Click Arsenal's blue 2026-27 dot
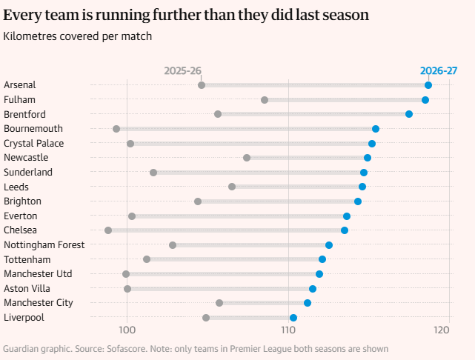coord(428,85)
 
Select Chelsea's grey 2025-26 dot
coord(108,230)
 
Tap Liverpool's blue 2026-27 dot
coord(293,318)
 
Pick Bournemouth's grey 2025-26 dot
coord(116,129)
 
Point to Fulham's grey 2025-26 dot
coord(265,100)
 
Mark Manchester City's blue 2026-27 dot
coord(308,303)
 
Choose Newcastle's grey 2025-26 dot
coord(247,158)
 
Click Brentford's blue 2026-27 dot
coord(409,114)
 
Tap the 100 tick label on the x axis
coord(127,330)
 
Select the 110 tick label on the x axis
coord(288,330)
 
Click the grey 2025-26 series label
coord(183,71)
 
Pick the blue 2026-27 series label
coord(439,71)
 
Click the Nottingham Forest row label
coord(44,244)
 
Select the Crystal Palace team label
coord(33,143)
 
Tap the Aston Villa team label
coord(27,289)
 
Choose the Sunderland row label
coord(28,173)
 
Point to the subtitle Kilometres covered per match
coord(77,36)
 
